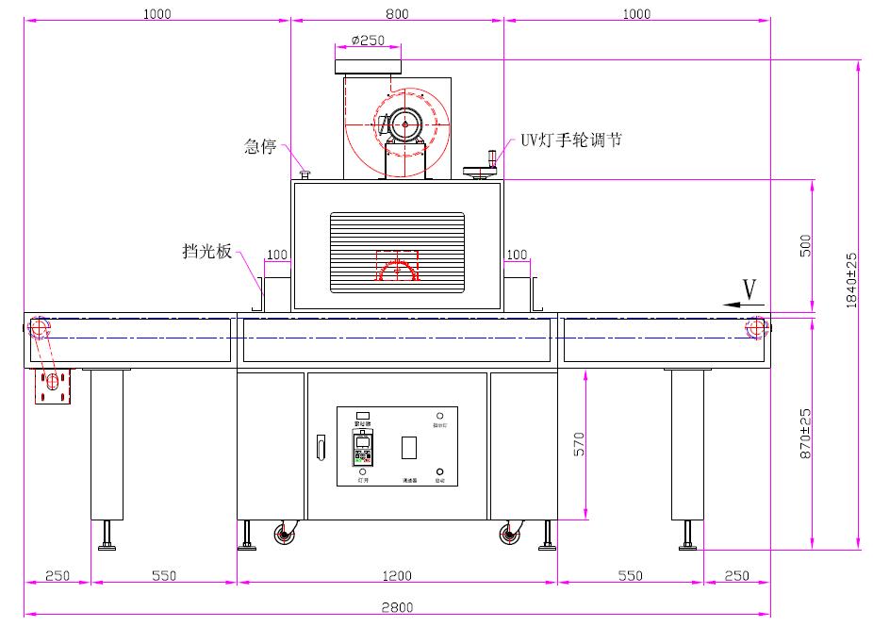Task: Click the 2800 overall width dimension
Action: point(397,608)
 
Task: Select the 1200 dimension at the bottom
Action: point(397,575)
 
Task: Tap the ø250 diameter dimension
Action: point(368,41)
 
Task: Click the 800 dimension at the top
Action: point(397,14)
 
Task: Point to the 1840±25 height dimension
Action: point(851,279)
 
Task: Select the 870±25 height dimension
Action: point(805,434)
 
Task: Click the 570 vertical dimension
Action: point(579,445)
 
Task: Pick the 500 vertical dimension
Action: point(804,246)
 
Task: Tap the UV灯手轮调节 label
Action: point(571,140)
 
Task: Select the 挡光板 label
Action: point(207,252)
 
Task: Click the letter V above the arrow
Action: point(749,289)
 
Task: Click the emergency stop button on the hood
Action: point(305,173)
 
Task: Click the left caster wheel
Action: point(283,536)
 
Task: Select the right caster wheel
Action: point(509,536)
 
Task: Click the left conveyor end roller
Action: point(39,328)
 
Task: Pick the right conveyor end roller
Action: point(755,328)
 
